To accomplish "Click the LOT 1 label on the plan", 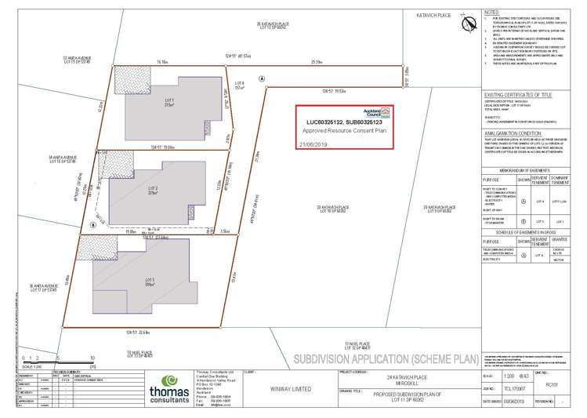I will [169, 102].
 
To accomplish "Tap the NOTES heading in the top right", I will [491, 13].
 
